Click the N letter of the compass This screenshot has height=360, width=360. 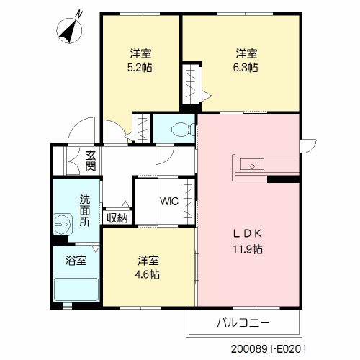[78, 14]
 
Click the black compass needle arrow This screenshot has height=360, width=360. [68, 33]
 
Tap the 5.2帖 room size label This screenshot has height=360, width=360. [140, 68]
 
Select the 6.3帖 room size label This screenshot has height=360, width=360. [246, 68]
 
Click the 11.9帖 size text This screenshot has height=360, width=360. [248, 249]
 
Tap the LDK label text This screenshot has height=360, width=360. [248, 234]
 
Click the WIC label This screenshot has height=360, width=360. [169, 201]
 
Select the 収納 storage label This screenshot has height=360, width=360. [117, 218]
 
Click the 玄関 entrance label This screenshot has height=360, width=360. [91, 161]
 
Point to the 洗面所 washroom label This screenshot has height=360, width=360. [85, 210]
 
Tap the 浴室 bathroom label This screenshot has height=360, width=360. [76, 261]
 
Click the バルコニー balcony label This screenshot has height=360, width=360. [243, 323]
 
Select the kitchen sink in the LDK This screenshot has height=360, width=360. [252, 165]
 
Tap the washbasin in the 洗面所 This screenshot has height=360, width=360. [63, 224]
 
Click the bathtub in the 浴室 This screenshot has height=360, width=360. [76, 289]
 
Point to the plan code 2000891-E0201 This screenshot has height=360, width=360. [269, 349]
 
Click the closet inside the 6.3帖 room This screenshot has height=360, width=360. [192, 84]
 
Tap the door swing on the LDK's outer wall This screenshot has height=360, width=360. [308, 146]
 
